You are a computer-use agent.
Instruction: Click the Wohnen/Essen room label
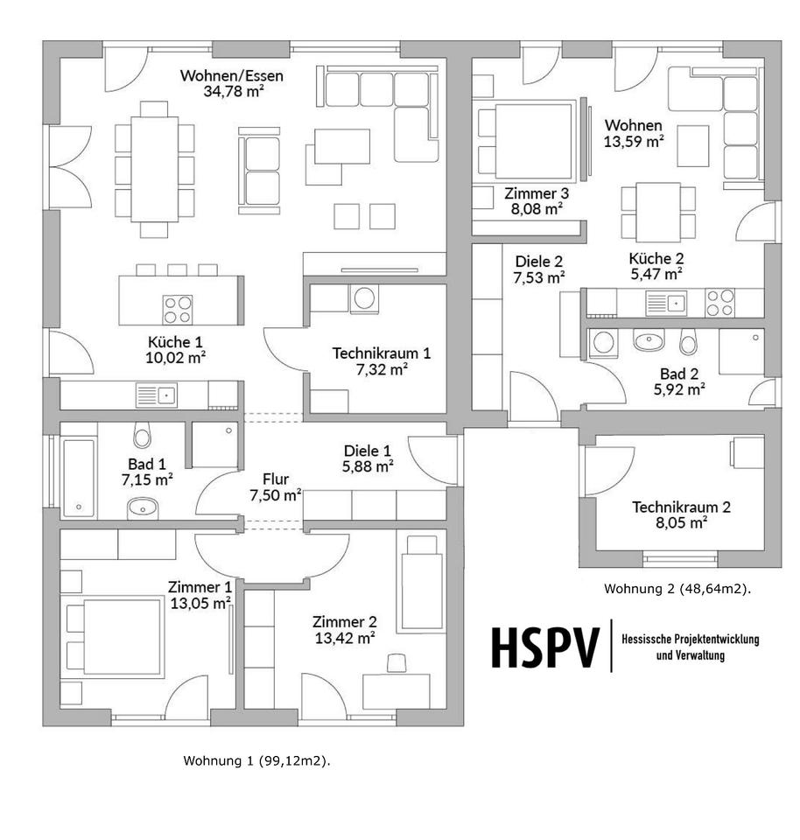tap(231, 74)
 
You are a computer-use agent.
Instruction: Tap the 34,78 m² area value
tap(231, 90)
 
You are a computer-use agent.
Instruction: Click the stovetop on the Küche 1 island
tap(177, 308)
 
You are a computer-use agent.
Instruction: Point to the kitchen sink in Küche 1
tap(156, 395)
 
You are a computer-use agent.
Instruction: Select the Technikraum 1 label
tap(382, 353)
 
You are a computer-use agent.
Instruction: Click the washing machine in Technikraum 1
tap(363, 298)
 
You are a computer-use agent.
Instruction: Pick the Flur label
tap(275, 479)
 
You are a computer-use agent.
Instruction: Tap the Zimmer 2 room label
tap(345, 622)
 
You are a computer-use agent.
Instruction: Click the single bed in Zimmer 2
tap(421, 582)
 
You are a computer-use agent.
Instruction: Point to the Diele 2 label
tap(538, 262)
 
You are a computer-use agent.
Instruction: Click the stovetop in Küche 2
tap(720, 303)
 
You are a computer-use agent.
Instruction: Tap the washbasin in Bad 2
tap(649, 340)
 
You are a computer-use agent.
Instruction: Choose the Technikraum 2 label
tap(681, 507)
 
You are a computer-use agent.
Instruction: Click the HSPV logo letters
tap(545, 647)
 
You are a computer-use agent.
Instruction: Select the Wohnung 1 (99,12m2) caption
tap(256, 760)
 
